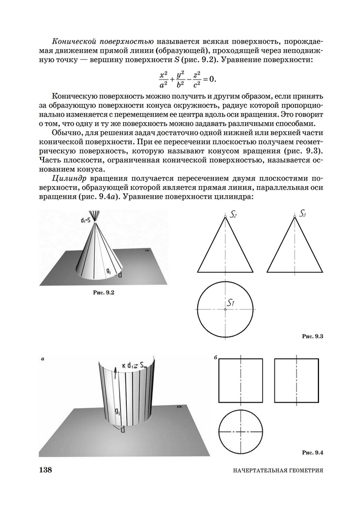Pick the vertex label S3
[303, 214]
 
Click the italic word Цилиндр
[69, 179]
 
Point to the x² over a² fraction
[163, 79]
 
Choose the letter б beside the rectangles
[216, 358]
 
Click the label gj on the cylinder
[117, 411]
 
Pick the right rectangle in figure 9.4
[296, 382]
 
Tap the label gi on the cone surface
[109, 271]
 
